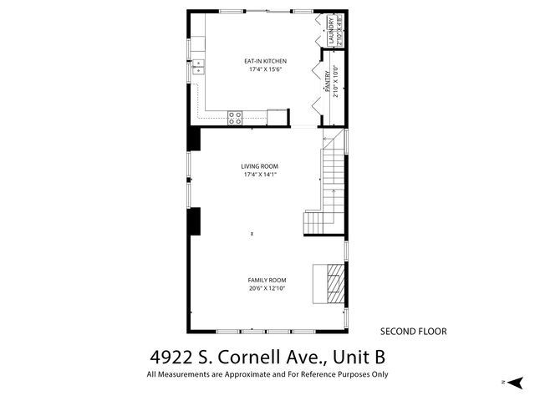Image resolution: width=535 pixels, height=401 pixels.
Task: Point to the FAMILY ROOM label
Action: pos(267,280)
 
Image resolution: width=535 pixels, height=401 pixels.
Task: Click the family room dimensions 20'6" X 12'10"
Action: pos(267,289)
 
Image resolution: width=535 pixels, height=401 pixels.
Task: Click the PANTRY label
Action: pos(326,81)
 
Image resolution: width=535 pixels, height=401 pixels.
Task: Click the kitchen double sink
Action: pos(198,68)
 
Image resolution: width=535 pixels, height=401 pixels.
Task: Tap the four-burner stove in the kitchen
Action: pos(235,117)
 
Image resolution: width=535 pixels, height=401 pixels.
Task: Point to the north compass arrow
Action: pos(515,382)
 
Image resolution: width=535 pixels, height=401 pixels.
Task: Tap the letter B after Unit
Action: pos(377,357)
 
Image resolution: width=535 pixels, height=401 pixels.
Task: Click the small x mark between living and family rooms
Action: pos(252,235)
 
